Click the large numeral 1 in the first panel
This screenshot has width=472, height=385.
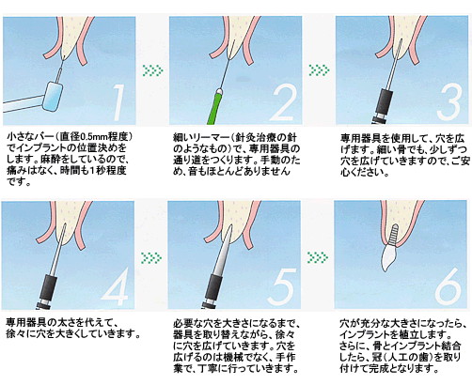click(x=118, y=102)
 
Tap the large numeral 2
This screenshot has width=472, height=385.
click(x=283, y=103)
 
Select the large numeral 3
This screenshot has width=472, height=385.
click(x=449, y=103)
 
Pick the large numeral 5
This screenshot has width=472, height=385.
click(x=282, y=286)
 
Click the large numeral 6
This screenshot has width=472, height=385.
click(x=449, y=287)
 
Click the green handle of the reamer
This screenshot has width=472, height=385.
click(x=215, y=106)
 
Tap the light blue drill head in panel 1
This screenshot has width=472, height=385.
click(x=53, y=97)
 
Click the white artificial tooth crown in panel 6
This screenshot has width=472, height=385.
click(x=389, y=257)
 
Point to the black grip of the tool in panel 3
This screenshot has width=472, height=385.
click(x=384, y=101)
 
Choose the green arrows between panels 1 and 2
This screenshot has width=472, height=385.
click(x=152, y=70)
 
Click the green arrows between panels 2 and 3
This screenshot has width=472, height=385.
click(x=319, y=70)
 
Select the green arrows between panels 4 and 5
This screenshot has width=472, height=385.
click(x=151, y=257)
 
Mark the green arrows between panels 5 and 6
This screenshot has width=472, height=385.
click(x=318, y=257)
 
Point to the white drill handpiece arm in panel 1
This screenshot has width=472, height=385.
click(x=23, y=104)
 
